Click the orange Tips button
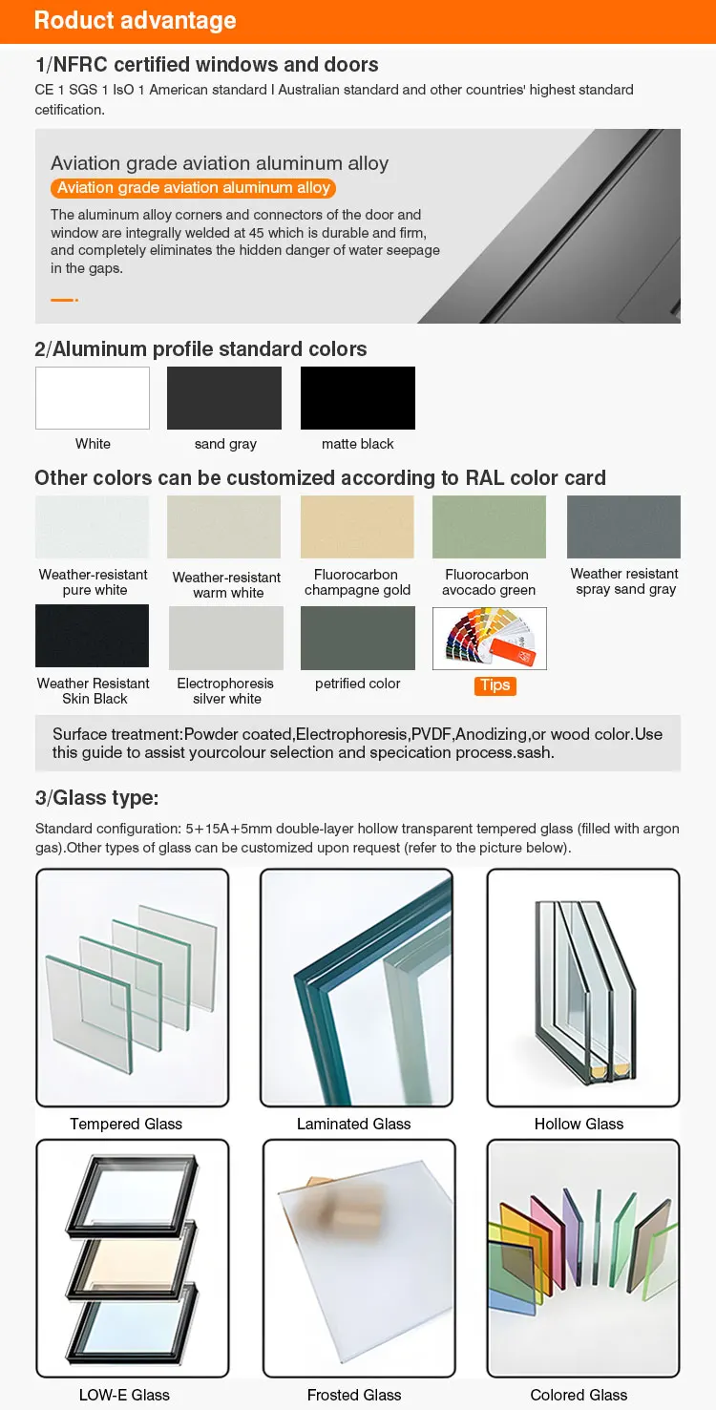pos(495,685)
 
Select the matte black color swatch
pos(358,398)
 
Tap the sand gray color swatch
pos(224,398)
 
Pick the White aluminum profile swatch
pos(93,398)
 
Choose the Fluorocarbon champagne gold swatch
pos(357,527)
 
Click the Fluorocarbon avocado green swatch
pos(489,527)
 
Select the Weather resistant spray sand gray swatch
pos(623,527)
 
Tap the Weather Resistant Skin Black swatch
pos(93,637)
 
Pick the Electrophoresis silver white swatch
pos(226,637)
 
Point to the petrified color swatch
pos(358,637)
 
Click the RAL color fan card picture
pos(490,639)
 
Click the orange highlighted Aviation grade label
pos(194,188)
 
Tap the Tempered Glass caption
pos(126,1124)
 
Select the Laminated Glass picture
pos(356,987)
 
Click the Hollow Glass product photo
pos(582,987)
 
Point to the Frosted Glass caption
pos(354,1395)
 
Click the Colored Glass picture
pos(582,1258)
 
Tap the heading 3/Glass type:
pos(96,798)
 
